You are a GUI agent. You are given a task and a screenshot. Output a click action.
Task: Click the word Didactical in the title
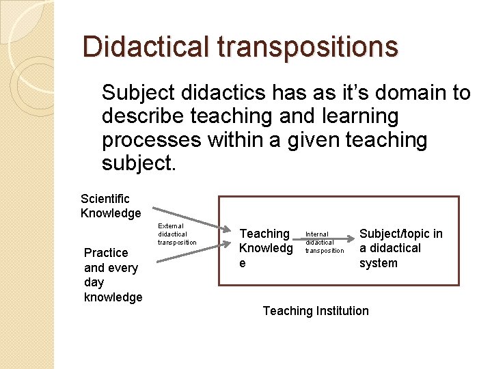146,46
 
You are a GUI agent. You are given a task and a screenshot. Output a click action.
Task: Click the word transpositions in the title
307,46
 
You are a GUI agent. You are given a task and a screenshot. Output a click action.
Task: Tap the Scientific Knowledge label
110,206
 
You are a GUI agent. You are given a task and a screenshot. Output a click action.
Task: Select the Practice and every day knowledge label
113,275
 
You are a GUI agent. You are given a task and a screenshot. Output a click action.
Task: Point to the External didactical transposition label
177,234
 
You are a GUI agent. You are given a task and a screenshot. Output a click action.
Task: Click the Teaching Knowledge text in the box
266,248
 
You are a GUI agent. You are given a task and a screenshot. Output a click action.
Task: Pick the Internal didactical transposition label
324,242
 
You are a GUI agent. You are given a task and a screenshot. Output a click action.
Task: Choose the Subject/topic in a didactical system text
400,248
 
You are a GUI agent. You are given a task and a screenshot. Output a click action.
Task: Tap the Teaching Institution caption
316,311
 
